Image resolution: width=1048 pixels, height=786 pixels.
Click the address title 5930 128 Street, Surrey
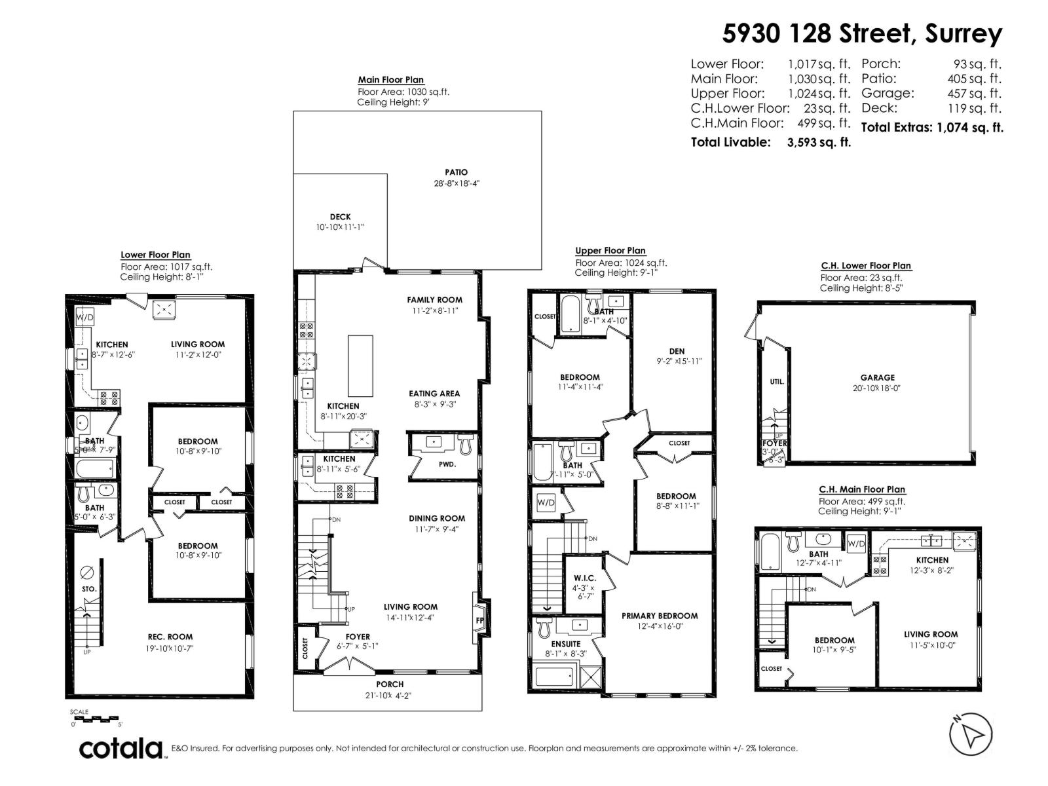point(862,34)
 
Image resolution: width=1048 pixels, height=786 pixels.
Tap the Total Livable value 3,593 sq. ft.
point(819,142)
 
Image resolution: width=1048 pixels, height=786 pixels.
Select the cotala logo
point(121,748)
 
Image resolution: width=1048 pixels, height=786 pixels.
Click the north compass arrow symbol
point(970,732)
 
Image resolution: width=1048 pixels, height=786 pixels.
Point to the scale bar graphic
point(96,718)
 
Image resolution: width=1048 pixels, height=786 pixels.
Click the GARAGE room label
point(877,377)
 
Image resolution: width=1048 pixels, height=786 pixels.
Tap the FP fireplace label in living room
point(479,620)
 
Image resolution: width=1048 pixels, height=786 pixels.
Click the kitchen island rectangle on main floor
point(360,365)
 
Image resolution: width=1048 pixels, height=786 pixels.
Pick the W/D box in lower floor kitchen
point(85,318)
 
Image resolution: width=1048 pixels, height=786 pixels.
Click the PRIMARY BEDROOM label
point(659,616)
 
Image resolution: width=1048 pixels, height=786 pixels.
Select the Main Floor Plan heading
point(390,80)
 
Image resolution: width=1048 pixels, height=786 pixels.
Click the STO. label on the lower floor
point(89,589)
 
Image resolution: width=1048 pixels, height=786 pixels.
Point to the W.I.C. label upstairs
point(584,578)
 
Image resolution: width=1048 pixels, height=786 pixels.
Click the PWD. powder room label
point(447,464)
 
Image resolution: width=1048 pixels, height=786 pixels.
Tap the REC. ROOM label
point(170,637)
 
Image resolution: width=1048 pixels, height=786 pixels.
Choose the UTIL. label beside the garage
point(777,381)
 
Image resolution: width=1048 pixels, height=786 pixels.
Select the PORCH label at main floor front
point(390,684)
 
